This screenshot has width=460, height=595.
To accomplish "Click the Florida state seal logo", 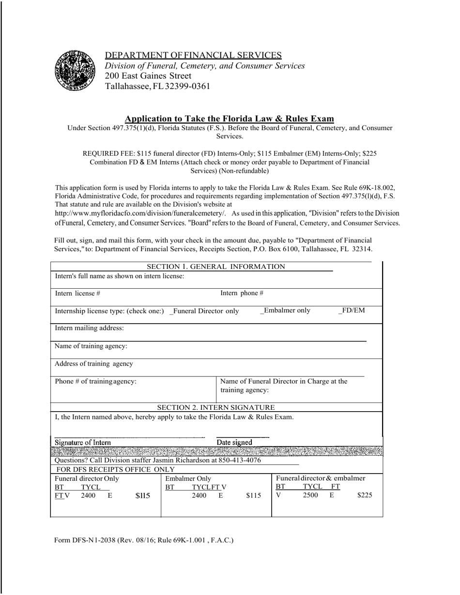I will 75,70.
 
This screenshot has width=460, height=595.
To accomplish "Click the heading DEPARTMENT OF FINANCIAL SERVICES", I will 193,55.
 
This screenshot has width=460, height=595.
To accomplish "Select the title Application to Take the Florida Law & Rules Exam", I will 229,119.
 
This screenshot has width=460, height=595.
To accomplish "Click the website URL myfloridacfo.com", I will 140,213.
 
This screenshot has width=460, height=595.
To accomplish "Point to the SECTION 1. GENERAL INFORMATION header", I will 216,267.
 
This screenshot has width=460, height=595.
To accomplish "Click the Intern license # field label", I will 77,293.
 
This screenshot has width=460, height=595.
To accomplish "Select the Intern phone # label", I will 242,293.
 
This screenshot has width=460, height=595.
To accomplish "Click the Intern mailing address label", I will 89,328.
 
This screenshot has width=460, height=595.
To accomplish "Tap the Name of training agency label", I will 91,346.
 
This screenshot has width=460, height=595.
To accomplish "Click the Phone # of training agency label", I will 95,381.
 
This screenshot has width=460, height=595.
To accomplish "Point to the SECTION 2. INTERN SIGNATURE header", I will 216,407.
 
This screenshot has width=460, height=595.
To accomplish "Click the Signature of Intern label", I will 83,442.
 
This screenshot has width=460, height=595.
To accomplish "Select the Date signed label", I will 234,442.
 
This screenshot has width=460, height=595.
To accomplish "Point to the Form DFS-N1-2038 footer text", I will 144,540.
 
